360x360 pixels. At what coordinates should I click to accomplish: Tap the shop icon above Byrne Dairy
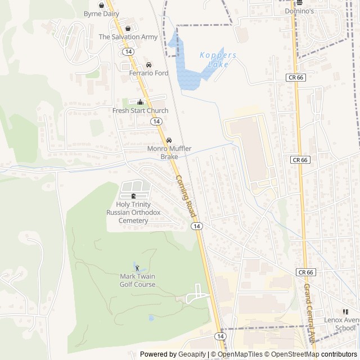click(101, 5)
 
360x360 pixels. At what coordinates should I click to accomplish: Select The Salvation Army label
click(128, 37)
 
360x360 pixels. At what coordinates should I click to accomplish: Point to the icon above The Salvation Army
click(128, 29)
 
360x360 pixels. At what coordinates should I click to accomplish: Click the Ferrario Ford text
click(148, 73)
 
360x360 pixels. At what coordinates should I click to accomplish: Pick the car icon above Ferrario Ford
click(148, 65)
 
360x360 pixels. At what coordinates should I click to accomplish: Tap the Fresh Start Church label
click(140, 111)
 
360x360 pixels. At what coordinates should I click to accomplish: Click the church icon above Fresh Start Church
click(140, 102)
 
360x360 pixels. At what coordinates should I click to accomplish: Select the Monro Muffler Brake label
click(169, 152)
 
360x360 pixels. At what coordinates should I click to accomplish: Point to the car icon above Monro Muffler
click(169, 140)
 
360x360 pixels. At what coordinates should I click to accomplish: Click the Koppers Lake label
click(218, 60)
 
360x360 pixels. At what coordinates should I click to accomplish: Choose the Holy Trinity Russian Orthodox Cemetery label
click(133, 212)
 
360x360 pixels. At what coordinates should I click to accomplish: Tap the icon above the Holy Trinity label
click(133, 196)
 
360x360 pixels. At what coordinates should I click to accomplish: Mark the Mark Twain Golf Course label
click(137, 280)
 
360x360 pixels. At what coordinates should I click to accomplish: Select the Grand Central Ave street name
click(309, 312)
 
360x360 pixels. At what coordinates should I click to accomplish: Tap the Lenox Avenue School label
click(341, 324)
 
